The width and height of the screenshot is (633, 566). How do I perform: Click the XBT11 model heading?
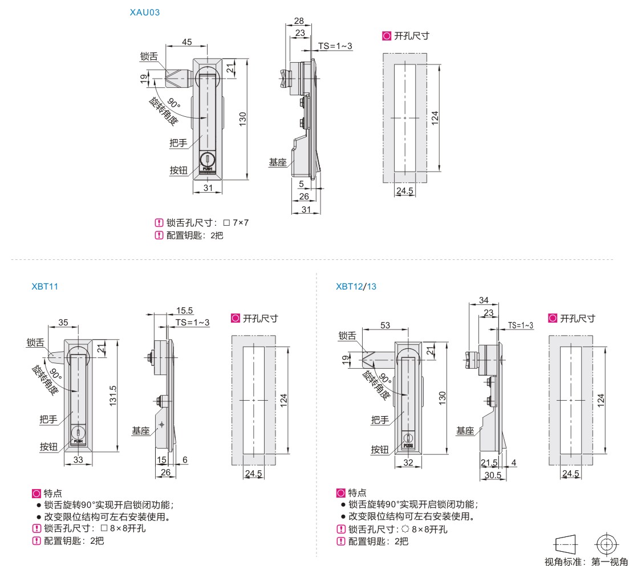[45, 286]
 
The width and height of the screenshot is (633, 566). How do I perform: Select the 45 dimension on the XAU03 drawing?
[186, 42]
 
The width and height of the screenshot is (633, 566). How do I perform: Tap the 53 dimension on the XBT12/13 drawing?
[386, 325]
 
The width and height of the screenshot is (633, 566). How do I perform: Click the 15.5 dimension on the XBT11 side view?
[184, 311]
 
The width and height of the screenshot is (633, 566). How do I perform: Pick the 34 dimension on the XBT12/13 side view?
[484, 300]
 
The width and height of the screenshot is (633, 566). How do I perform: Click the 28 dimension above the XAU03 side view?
[298, 21]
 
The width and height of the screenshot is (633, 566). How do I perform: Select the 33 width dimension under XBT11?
[79, 459]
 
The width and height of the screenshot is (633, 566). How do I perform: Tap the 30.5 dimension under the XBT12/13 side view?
[492, 474]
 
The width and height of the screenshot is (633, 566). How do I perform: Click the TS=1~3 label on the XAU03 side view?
[335, 46]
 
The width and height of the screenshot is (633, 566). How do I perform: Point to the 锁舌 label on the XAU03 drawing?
[149, 56]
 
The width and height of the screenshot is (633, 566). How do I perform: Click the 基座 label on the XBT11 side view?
[141, 431]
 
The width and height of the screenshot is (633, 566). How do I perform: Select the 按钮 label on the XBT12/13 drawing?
[380, 449]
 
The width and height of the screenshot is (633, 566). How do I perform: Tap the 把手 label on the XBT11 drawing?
[48, 420]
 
